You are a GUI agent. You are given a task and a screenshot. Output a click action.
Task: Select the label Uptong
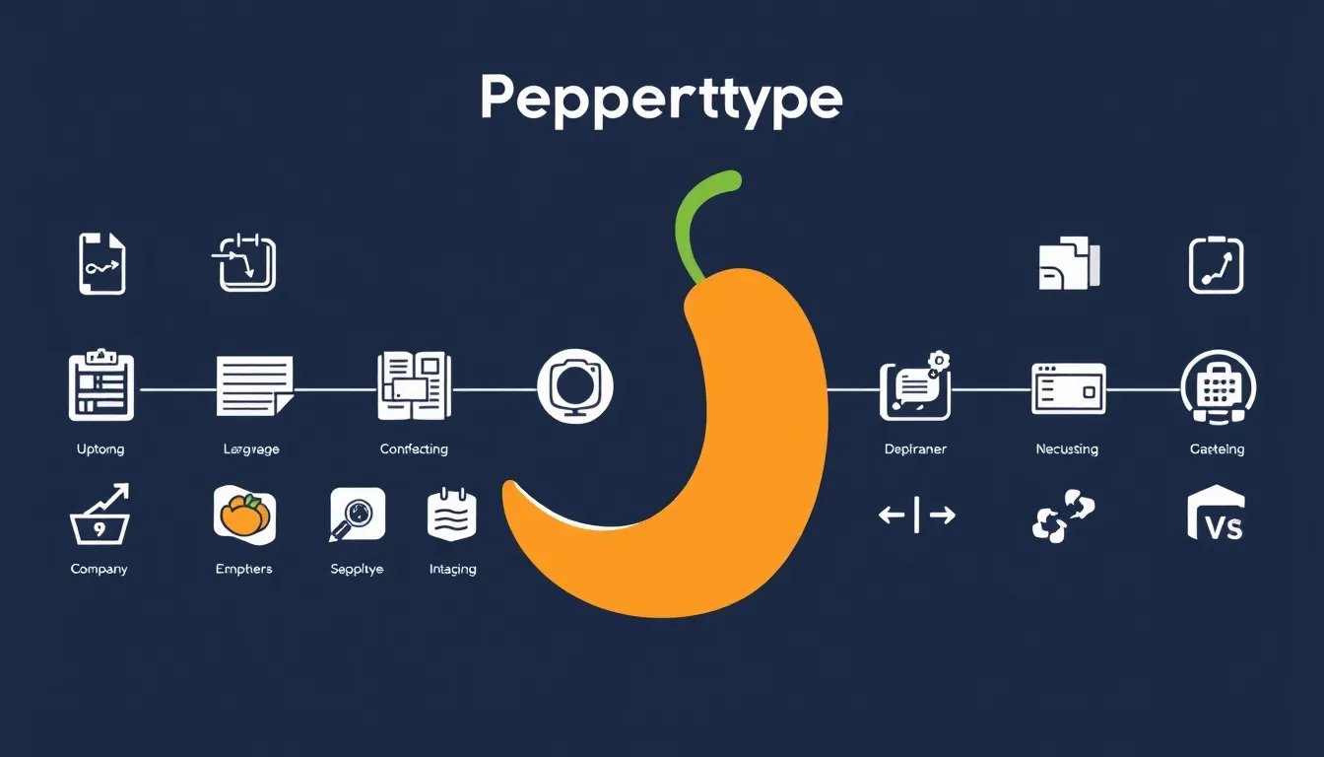(100, 449)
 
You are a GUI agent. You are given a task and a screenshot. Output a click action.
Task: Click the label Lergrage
(251, 449)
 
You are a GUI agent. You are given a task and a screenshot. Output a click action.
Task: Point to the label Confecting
(414, 449)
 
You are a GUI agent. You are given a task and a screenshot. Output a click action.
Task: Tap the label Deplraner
(915, 449)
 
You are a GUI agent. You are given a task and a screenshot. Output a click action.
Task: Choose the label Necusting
(1067, 449)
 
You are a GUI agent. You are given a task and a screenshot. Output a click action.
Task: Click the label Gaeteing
(1217, 449)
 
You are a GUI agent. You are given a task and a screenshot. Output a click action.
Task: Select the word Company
(99, 570)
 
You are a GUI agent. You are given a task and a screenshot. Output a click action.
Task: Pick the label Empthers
(243, 570)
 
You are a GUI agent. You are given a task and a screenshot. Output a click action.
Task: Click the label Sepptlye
(357, 570)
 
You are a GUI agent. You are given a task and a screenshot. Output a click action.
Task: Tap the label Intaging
(453, 570)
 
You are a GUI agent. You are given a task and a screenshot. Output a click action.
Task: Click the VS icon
(1216, 516)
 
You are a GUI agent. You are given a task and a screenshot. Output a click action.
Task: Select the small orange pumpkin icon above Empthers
(244, 516)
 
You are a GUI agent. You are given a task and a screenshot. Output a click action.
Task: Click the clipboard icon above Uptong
(100, 384)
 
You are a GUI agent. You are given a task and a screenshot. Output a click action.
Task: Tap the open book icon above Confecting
(413, 384)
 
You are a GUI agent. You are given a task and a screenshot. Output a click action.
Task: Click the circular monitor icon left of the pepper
(575, 384)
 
